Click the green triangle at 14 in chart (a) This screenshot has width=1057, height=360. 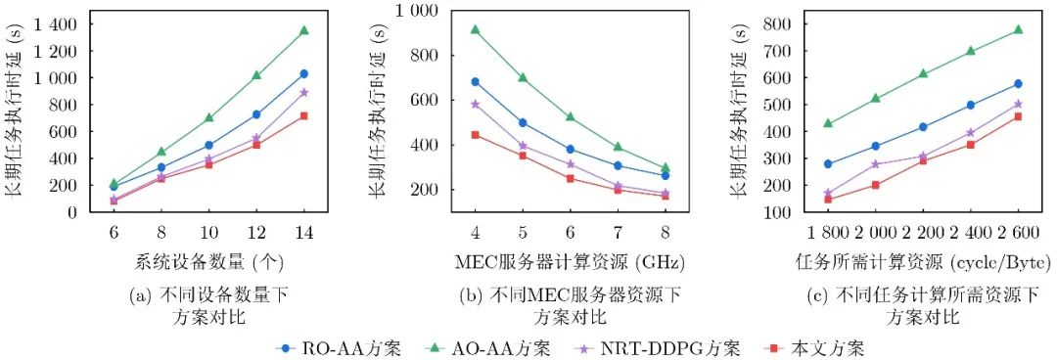pos(304,30)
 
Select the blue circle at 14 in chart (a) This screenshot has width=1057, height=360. pos(304,73)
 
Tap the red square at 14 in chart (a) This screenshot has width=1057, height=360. pos(304,116)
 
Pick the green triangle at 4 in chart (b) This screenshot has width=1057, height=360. pos(476,29)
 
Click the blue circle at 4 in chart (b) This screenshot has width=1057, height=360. pos(476,81)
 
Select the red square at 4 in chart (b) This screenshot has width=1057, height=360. pos(476,135)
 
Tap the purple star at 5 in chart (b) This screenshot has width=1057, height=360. pos(523,146)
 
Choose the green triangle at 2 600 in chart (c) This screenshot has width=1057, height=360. pos(1018,29)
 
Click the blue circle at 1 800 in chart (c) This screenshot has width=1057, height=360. pos(828,163)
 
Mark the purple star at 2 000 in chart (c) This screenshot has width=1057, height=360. pos(876,163)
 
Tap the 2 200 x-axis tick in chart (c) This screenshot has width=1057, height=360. pos(922,233)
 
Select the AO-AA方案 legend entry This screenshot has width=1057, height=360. pos(488,348)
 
